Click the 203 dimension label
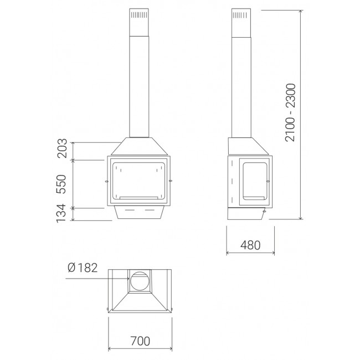tap(62, 148)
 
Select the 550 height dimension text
tap(62, 184)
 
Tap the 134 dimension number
tap(61, 213)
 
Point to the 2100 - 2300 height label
tap(290, 112)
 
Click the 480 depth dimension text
tap(250, 245)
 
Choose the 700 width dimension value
tap(140, 341)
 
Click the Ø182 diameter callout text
tap(83, 268)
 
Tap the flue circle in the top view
tap(140, 281)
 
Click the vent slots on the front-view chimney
tap(139, 15)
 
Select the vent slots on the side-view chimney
tap(240, 16)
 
